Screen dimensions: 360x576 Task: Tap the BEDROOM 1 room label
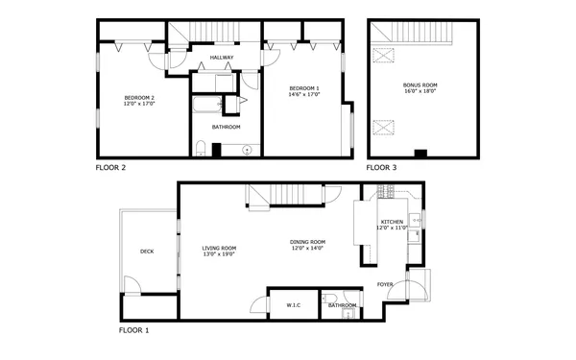(x=305, y=88)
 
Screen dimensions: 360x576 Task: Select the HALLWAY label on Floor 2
(x=223, y=59)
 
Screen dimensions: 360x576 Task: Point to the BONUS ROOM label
(x=419, y=84)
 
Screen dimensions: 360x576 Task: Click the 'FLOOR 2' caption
(x=110, y=168)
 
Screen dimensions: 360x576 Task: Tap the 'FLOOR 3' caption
(x=381, y=168)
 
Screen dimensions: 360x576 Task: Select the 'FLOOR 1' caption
(x=133, y=329)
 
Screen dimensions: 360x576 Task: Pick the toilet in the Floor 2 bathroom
(x=200, y=147)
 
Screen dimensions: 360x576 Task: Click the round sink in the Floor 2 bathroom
(x=248, y=149)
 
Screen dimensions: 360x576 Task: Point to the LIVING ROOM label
(x=219, y=248)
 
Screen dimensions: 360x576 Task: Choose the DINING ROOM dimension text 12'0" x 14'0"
(x=308, y=249)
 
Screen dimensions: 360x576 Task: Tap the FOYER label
(x=384, y=284)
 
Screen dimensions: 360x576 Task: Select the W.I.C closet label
(x=294, y=305)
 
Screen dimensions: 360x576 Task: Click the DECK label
(x=147, y=252)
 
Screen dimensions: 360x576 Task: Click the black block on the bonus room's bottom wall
(x=420, y=154)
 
